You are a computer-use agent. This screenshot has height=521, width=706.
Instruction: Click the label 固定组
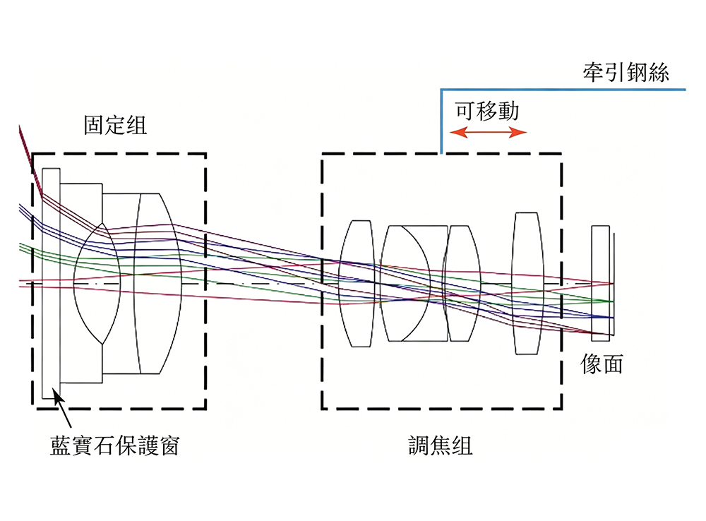pos(115,125)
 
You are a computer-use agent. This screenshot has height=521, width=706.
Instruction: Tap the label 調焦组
pos(441,445)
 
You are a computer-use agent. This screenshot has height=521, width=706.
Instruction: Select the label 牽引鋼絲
pos(626,72)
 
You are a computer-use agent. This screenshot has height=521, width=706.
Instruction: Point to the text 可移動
pos(486,111)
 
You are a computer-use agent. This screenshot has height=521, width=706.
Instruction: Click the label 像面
pos(602,364)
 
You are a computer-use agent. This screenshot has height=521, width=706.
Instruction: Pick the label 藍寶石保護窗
pos(115,445)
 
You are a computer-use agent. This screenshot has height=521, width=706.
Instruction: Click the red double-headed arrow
pos(488,132)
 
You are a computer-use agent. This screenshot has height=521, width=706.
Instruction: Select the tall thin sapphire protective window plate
pos(51,284)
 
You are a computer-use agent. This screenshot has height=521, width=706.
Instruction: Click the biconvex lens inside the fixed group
pos(97,284)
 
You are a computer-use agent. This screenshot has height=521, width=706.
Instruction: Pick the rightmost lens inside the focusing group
pos(527,283)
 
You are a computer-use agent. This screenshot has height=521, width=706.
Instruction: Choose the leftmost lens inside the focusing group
pos(357,283)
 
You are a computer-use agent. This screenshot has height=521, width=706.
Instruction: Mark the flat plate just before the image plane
pos(601,283)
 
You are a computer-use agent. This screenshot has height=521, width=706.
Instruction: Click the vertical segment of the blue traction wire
pos(441,121)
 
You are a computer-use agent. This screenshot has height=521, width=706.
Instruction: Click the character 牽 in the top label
pos(594,72)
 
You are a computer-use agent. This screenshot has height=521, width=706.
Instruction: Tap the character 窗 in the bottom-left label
pos(169,445)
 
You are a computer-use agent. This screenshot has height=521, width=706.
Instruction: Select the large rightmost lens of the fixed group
pos(158,284)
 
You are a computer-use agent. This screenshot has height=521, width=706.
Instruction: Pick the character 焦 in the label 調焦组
pos(441,445)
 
